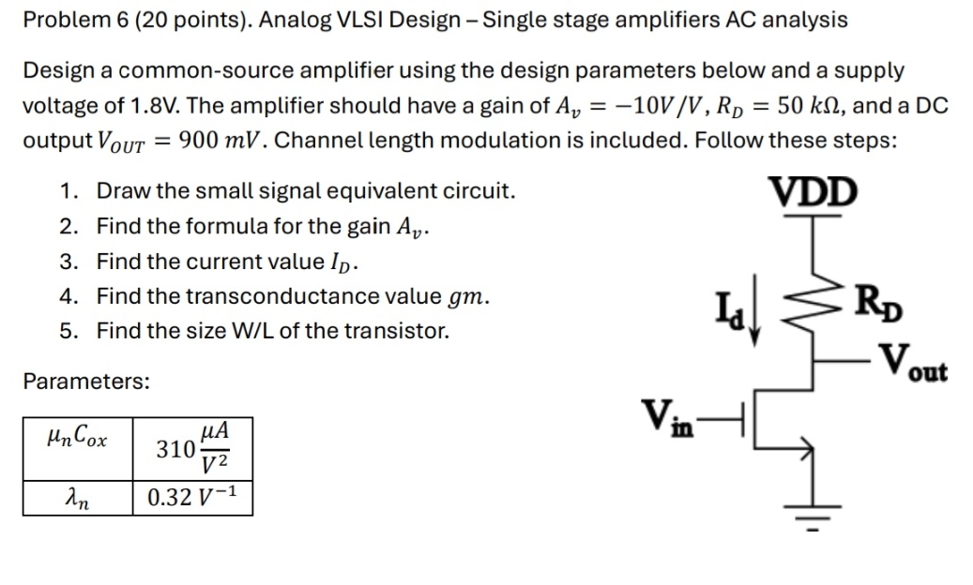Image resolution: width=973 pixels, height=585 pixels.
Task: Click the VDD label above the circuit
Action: click(x=813, y=191)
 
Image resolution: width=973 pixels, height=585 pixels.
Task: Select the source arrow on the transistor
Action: click(x=803, y=448)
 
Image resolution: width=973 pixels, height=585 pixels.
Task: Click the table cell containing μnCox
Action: click(x=77, y=440)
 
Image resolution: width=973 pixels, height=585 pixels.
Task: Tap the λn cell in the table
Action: click(x=77, y=497)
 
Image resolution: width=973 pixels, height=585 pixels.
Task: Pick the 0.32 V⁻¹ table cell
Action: click(x=191, y=497)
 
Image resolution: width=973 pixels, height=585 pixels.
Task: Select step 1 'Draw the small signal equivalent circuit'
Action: click(x=306, y=191)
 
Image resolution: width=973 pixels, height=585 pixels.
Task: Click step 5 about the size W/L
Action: click(x=272, y=331)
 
